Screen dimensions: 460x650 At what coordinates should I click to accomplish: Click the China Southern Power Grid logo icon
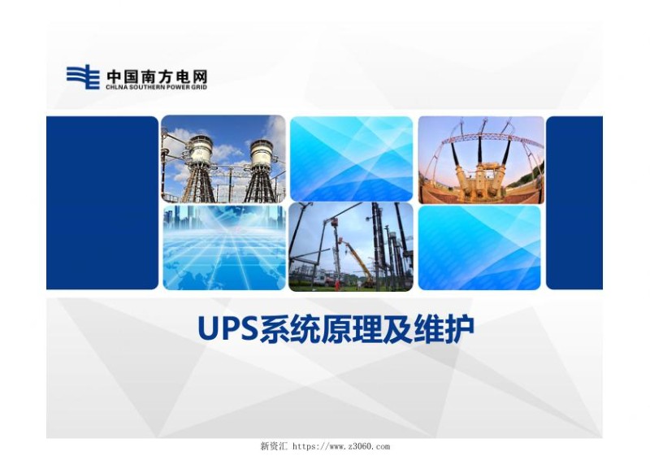click(x=82, y=77)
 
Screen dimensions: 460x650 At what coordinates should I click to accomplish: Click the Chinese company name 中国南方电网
click(x=156, y=75)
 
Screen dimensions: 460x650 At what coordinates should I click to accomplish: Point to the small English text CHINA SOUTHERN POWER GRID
click(x=156, y=86)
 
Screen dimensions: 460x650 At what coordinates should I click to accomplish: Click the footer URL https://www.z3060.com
click(x=341, y=446)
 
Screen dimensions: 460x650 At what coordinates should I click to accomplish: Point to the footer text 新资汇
click(x=273, y=446)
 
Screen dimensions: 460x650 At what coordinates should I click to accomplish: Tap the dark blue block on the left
click(x=102, y=202)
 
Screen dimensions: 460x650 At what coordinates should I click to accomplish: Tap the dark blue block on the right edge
click(x=574, y=202)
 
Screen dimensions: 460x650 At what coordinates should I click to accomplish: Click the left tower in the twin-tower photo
click(x=197, y=163)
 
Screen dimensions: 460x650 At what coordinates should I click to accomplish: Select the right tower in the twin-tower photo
click(x=262, y=163)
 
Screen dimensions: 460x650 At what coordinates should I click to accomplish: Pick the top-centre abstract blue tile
click(x=351, y=158)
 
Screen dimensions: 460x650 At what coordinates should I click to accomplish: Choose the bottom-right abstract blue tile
click(x=479, y=247)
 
